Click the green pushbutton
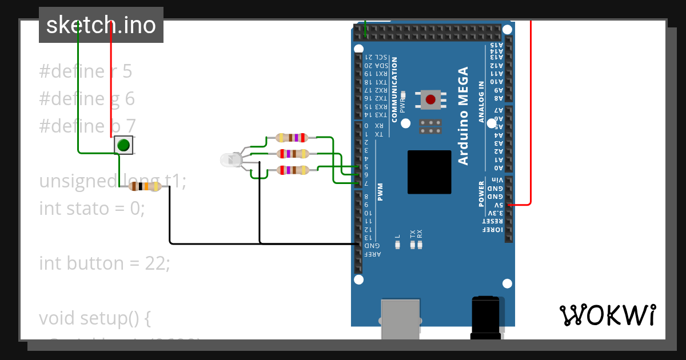pos(123,145)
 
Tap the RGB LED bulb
pos(230,160)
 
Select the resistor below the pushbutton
pos(146,186)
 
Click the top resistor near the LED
pos(292,137)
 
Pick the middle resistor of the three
pos(293,153)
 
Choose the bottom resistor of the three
pos(293,170)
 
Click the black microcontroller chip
pos(429,172)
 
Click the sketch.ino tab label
pos(101,25)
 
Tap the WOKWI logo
pos(607,315)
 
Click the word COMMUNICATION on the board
pos(394,89)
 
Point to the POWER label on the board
pos(481,194)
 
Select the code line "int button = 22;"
pos(105,263)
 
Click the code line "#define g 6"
pos(87,99)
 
